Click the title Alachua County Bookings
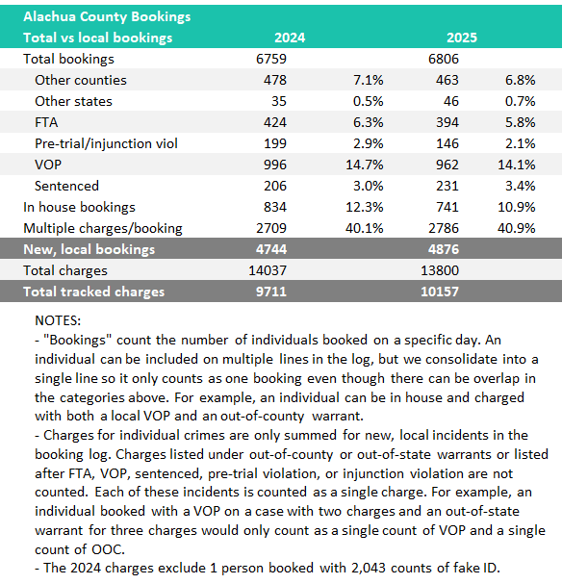(107, 16)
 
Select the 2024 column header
(290, 38)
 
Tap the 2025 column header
(462, 38)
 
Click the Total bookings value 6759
(271, 59)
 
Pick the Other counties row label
(81, 80)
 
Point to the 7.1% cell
(369, 80)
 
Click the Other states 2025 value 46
(451, 101)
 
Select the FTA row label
(46, 122)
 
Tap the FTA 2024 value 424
(275, 122)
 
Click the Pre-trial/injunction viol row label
(106, 143)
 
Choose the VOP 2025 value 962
(447, 165)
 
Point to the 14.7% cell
(365, 165)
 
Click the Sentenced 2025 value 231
(447, 186)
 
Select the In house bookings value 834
(275, 207)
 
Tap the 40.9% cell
(517, 228)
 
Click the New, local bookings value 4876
(444, 249)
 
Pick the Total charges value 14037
(268, 270)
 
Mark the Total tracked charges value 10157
(440, 292)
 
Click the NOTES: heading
(58, 320)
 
